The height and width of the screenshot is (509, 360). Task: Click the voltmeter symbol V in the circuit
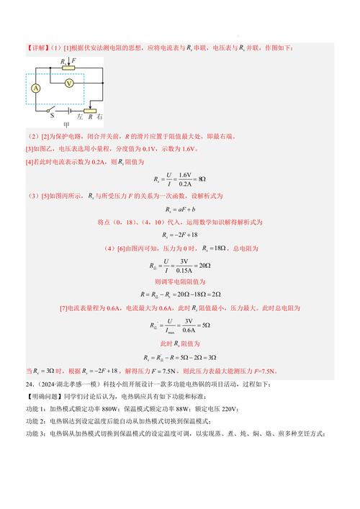[67, 84]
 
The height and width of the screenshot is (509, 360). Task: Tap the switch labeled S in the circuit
[49, 112]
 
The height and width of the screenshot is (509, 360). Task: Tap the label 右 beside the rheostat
[100, 119]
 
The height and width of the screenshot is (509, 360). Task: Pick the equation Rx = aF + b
[179, 209]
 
